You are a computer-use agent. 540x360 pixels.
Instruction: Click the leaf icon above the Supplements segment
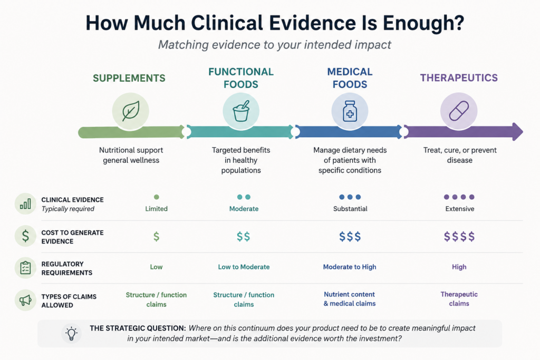pos(131,111)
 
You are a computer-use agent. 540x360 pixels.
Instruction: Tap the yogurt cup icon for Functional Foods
pos(241,111)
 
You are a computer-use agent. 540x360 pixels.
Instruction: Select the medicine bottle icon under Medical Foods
pos(350,111)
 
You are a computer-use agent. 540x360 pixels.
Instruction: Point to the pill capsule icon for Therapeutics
pos(459,111)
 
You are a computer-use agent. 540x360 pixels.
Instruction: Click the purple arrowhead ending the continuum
pos(518,131)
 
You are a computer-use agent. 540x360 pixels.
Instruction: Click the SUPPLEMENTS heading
pos(129,78)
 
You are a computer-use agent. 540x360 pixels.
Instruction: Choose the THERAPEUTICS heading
pos(459,78)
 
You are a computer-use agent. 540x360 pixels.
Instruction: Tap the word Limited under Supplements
pos(156,209)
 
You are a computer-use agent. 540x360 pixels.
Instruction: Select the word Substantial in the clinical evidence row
pos(350,209)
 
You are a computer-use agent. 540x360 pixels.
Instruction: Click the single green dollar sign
pos(156,237)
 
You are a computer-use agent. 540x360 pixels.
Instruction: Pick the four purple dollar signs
pos(459,237)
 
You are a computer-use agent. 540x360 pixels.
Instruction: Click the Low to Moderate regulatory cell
pos(244,267)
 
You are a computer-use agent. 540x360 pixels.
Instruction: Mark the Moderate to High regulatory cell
pos(350,267)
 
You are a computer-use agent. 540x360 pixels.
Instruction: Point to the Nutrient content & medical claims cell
pos(350,299)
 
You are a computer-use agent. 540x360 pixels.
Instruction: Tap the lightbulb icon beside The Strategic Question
pos(72,333)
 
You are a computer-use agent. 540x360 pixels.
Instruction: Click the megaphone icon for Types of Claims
pos(25,300)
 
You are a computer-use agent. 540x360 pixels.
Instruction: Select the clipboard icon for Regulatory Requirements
pos(25,267)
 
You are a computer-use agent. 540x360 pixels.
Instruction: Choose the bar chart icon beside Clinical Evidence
pos(25,204)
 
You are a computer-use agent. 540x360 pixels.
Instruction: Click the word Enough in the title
pos(423,23)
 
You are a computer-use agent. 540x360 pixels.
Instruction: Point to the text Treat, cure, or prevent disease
pos(460,155)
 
